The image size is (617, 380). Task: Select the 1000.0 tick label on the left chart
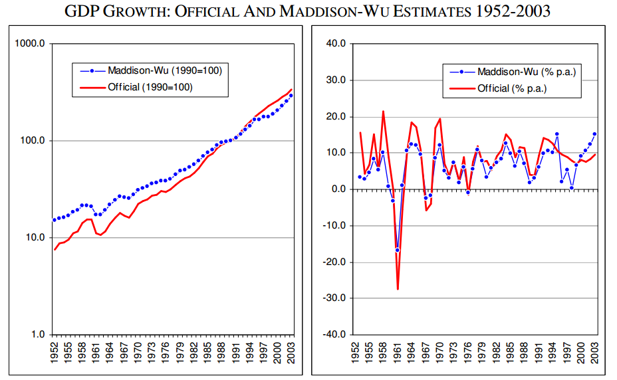(30, 43)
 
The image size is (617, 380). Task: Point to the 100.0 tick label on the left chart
(33, 140)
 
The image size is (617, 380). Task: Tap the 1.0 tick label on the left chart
(37, 334)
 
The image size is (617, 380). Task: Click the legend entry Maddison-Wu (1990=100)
(151, 70)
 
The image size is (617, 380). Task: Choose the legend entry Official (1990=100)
(136, 87)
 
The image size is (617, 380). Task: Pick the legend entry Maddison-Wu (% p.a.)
(513, 72)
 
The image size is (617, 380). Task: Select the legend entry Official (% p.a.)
(498, 88)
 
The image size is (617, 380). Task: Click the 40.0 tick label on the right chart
(336, 43)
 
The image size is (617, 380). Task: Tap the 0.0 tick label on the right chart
(338, 189)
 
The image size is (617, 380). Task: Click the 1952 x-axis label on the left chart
(54, 353)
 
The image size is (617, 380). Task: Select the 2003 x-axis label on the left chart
(291, 353)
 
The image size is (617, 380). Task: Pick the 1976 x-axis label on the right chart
(467, 353)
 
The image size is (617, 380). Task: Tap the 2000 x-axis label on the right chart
(581, 353)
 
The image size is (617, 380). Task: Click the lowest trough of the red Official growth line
(398, 289)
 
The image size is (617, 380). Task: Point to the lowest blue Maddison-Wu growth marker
(398, 250)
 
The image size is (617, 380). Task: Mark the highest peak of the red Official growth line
(383, 112)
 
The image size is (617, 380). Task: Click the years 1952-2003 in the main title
(513, 11)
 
